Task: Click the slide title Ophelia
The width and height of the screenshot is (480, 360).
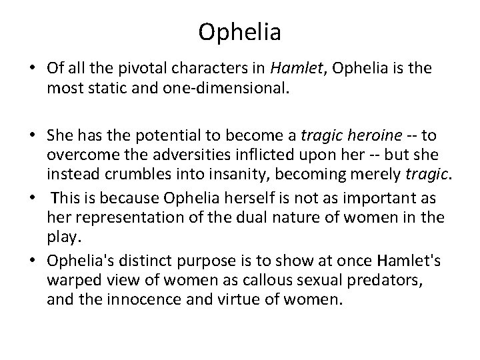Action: (239, 33)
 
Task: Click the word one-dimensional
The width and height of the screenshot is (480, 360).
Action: (226, 88)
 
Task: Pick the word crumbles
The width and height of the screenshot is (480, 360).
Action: (138, 174)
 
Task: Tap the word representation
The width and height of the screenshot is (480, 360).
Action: (129, 218)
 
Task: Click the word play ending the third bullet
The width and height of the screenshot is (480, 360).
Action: (64, 237)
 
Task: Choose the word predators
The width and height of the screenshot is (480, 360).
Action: (384, 281)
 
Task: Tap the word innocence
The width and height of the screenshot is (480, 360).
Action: (144, 299)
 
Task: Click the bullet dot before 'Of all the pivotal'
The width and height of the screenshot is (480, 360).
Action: (33, 67)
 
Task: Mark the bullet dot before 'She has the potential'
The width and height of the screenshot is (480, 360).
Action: (33, 135)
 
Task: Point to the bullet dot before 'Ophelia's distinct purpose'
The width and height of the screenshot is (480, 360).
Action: (33, 260)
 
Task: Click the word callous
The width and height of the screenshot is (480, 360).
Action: (267, 280)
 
